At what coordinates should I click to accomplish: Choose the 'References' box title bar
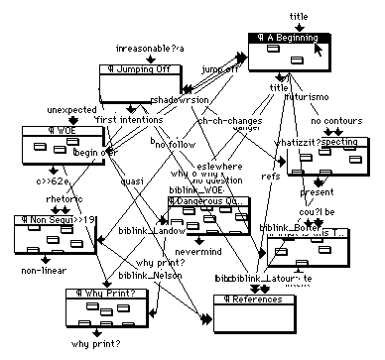[255, 299]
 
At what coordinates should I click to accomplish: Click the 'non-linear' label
[43, 269]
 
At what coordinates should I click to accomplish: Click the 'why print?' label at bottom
[95, 343]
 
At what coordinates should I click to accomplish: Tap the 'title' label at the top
[298, 16]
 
